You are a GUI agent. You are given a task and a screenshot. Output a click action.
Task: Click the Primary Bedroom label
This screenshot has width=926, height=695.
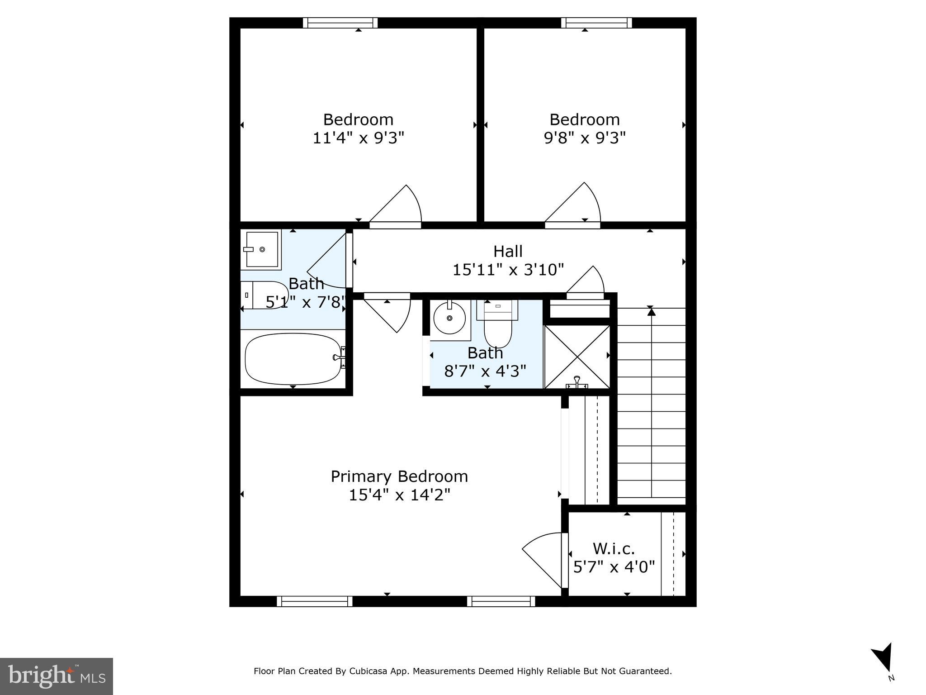click(399, 476)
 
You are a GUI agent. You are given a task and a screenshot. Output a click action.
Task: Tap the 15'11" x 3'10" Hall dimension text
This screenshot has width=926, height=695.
click(508, 270)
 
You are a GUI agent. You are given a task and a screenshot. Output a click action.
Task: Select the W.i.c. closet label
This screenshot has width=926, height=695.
click(614, 548)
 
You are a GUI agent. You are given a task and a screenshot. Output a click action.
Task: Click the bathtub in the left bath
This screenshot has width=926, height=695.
click(293, 359)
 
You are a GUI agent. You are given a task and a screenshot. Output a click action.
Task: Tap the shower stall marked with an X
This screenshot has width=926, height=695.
click(577, 357)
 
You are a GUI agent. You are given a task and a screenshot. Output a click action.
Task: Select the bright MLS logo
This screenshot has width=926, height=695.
click(57, 676)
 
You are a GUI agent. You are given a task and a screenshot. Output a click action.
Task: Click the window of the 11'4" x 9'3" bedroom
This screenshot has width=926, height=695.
click(340, 23)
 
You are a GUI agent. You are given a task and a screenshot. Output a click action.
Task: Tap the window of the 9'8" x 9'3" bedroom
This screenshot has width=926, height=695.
click(596, 23)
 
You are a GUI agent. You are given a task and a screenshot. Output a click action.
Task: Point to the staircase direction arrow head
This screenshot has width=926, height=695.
click(651, 310)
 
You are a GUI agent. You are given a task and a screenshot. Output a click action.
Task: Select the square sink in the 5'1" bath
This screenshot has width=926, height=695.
click(262, 249)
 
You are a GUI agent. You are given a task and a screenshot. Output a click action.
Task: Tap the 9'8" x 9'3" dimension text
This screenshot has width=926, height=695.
click(584, 138)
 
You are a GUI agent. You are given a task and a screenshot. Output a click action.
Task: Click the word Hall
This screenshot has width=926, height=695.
click(508, 251)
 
